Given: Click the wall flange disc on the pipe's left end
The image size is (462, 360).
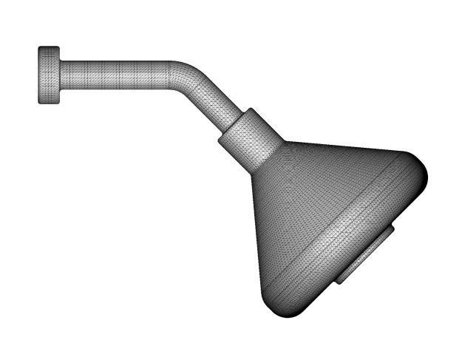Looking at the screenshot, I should tap(50, 75).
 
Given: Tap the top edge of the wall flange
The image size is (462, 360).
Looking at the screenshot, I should tap(50, 48).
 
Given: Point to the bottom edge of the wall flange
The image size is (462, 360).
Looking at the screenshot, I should tap(50, 103).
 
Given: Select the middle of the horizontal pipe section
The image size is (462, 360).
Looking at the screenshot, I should tap(118, 75).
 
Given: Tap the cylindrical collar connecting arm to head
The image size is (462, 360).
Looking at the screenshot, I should tap(251, 138).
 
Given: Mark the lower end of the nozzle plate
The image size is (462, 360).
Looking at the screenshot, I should tap(341, 281).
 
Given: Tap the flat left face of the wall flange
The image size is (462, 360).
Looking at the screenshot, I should tap(40, 75).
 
